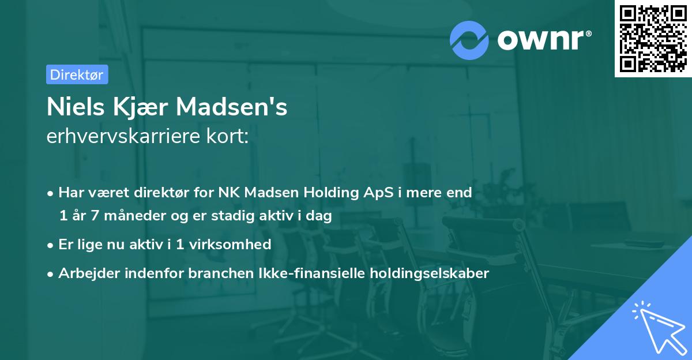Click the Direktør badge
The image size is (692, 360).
[x=77, y=74]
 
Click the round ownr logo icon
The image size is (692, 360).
[x=468, y=40]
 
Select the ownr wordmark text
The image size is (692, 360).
[x=543, y=39]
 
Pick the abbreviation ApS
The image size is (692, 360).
[x=378, y=193]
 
